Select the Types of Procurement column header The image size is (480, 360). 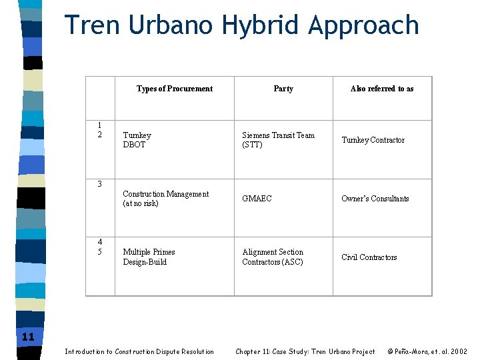point(175,89)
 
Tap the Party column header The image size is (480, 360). point(283,89)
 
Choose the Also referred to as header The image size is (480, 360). point(382,89)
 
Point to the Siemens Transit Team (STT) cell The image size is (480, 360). point(278,140)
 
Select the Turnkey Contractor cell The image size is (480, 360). point(373,140)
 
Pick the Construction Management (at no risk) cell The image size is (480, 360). point(165,199)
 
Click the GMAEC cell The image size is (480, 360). point(257,199)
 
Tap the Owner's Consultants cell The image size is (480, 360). point(375,199)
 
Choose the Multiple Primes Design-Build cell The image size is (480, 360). point(149,257)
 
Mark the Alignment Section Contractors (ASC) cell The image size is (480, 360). point(273,257)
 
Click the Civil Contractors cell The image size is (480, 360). point(369,257)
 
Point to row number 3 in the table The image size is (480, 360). point(99,183)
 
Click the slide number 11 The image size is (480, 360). point(28,337)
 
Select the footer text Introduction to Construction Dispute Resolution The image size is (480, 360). point(139,351)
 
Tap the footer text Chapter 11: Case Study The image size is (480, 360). point(305,351)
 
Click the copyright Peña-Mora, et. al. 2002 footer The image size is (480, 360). point(427,351)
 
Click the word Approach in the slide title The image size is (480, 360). point(363,26)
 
